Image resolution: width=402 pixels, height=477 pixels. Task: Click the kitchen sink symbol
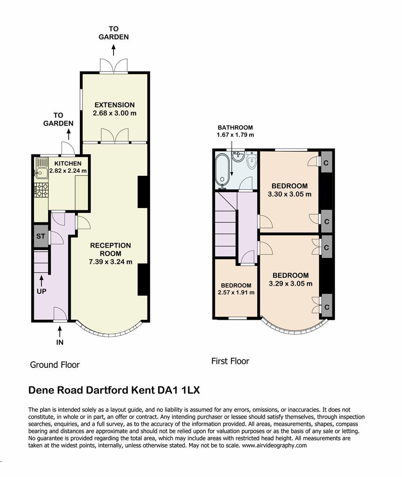pyautogui.click(x=42, y=168)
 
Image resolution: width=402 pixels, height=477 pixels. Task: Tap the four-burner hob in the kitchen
pyautogui.click(x=42, y=189)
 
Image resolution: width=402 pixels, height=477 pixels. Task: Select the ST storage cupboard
pyautogui.click(x=41, y=236)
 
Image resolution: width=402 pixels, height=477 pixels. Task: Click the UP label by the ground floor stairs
pyautogui.click(x=42, y=291)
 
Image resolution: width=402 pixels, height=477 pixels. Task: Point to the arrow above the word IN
pyautogui.click(x=60, y=330)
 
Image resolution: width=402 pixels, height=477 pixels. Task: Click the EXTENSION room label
pyautogui.click(x=114, y=105)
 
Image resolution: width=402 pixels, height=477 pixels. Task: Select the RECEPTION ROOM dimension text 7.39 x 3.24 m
pyautogui.click(x=110, y=261)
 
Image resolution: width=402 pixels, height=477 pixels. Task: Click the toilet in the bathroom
pyautogui.click(x=252, y=161)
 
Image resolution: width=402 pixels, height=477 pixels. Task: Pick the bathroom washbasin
pyautogui.click(x=238, y=156)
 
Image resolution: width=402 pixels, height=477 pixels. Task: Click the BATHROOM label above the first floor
pyautogui.click(x=235, y=128)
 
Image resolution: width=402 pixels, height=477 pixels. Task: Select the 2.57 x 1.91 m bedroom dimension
pyautogui.click(x=236, y=293)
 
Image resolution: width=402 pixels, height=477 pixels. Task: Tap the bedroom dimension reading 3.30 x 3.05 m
pyautogui.click(x=290, y=194)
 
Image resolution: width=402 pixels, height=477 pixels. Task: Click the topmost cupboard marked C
pyautogui.click(x=326, y=163)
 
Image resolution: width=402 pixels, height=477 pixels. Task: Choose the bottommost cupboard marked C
pyautogui.click(x=326, y=307)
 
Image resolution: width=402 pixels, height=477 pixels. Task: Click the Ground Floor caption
pyautogui.click(x=55, y=365)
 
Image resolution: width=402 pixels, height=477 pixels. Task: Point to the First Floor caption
pyautogui.click(x=230, y=361)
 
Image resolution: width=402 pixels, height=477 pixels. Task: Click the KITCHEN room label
pyautogui.click(x=68, y=163)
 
